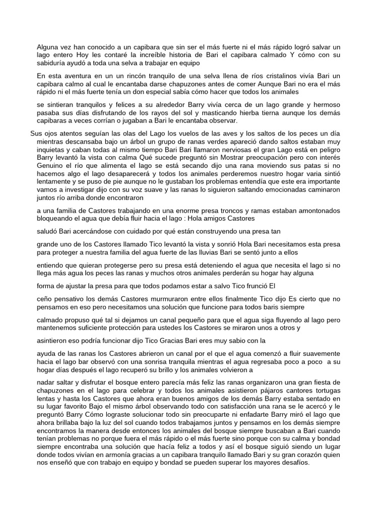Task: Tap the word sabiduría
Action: [53, 63]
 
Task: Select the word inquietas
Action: [51, 150]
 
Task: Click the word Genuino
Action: [51, 166]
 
